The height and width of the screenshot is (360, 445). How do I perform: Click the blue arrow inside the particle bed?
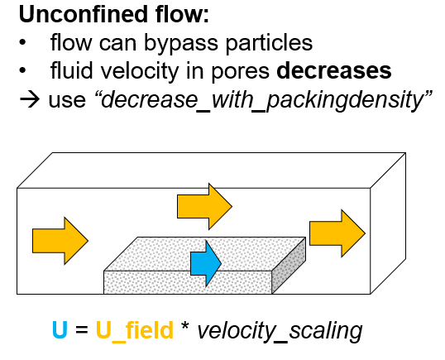[206, 264]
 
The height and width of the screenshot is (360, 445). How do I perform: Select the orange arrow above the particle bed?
[204, 206]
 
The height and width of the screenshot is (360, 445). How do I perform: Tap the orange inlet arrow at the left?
[60, 241]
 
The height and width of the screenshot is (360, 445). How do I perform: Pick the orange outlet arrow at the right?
[337, 233]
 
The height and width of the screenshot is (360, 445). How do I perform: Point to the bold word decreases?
[334, 70]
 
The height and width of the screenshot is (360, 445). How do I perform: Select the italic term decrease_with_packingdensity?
[262, 99]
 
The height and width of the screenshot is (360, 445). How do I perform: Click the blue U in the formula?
[60, 329]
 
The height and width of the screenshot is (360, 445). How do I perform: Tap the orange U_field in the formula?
[135, 330]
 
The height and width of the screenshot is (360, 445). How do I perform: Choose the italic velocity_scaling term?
[280, 331]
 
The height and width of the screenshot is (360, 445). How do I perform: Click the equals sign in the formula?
[82, 330]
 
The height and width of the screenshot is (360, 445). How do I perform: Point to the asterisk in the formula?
[184, 325]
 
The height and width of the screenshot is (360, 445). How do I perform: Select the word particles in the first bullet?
[269, 43]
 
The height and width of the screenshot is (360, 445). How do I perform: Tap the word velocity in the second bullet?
[138, 71]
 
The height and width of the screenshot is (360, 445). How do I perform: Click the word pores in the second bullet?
[240, 74]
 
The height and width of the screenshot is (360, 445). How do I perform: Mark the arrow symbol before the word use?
[30, 99]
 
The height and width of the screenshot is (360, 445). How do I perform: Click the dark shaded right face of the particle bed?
[289, 265]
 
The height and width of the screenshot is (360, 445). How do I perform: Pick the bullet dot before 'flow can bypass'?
[22, 43]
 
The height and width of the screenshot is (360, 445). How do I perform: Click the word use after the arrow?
[67, 101]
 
